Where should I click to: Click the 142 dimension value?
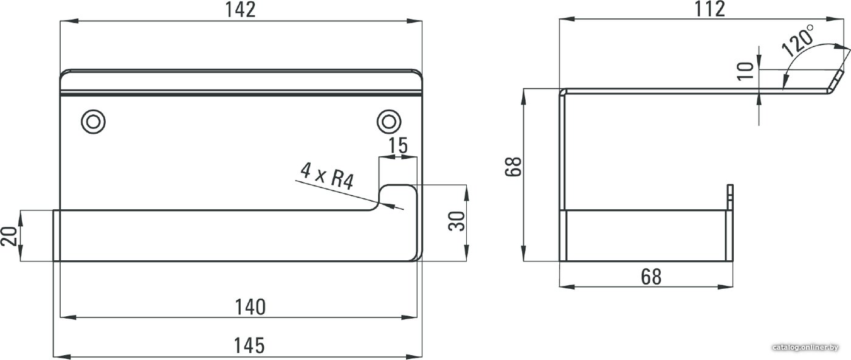[241, 10]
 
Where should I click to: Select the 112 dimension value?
[710, 9]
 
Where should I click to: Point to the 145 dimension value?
[249, 345]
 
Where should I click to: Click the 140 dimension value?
[250, 307]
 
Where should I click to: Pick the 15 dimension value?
[398, 145]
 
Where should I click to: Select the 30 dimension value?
[457, 221]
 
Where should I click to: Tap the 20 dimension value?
[9, 236]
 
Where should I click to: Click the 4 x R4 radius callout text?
[327, 176]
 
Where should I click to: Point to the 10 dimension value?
[745, 71]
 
